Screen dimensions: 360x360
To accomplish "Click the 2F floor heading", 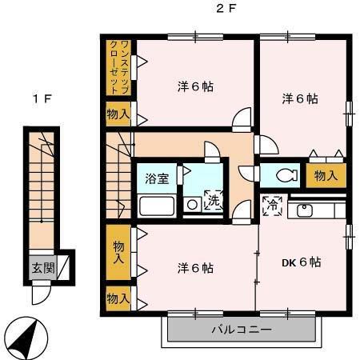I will tap(227, 10).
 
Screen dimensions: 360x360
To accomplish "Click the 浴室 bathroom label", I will tap(157, 178).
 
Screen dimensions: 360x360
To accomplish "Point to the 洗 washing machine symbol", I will tap(214, 202).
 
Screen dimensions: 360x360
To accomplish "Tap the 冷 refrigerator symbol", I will tap(270, 204).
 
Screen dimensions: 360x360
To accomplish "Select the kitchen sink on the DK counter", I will tap(305, 210).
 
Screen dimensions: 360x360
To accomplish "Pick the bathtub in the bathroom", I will tap(157, 206).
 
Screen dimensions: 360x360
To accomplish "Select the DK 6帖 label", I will tap(302, 262).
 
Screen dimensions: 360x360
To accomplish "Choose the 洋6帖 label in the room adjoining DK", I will tap(194, 267).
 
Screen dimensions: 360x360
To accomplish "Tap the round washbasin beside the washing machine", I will tap(192, 206).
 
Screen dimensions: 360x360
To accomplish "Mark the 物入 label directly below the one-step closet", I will tap(118, 114).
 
